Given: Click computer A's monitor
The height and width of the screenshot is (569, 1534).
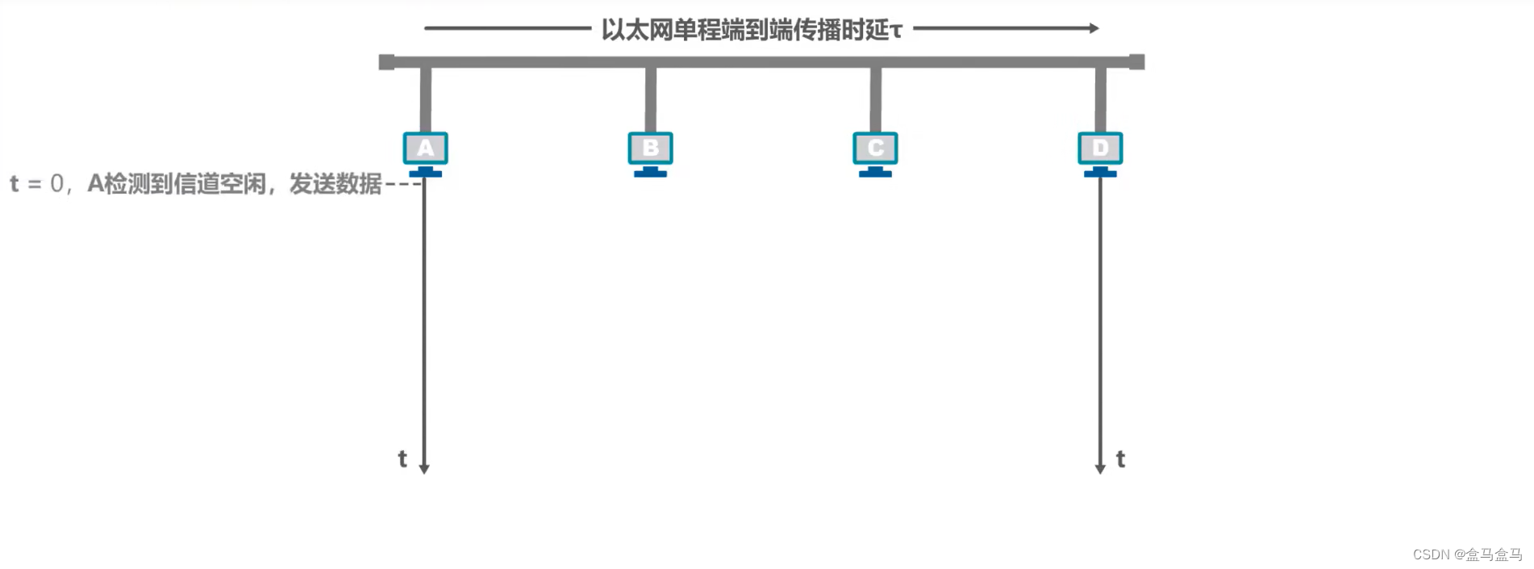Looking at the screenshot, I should tap(425, 149).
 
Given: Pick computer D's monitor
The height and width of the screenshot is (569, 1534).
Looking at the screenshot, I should tap(1100, 149).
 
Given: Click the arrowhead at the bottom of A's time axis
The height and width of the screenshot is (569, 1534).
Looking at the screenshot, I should tap(424, 469).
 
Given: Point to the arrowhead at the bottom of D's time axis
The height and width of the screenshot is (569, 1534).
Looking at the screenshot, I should tap(1100, 469).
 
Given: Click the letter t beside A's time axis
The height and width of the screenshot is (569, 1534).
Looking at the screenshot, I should tap(402, 458).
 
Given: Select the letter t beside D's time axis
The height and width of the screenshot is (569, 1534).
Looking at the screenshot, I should tap(1120, 459).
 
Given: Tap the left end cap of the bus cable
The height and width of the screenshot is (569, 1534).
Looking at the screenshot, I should tap(386, 62).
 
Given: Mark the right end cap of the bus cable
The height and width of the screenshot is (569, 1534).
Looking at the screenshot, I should tap(1136, 62).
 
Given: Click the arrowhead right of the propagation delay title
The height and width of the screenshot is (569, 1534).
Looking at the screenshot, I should tap(1094, 28).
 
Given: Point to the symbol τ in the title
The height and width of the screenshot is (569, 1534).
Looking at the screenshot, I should tap(896, 31).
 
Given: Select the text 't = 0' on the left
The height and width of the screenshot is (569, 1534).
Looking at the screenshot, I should tap(36, 184).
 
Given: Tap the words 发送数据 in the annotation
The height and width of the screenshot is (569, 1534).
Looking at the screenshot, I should tap(336, 184).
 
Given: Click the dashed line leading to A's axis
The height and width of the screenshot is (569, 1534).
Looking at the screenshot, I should tap(402, 184).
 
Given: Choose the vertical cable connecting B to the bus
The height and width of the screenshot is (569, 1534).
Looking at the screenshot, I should tap(651, 98).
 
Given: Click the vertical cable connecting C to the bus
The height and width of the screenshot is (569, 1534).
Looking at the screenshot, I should tap(876, 98).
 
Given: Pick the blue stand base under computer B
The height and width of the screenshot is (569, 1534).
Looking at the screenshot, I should tap(650, 174).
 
